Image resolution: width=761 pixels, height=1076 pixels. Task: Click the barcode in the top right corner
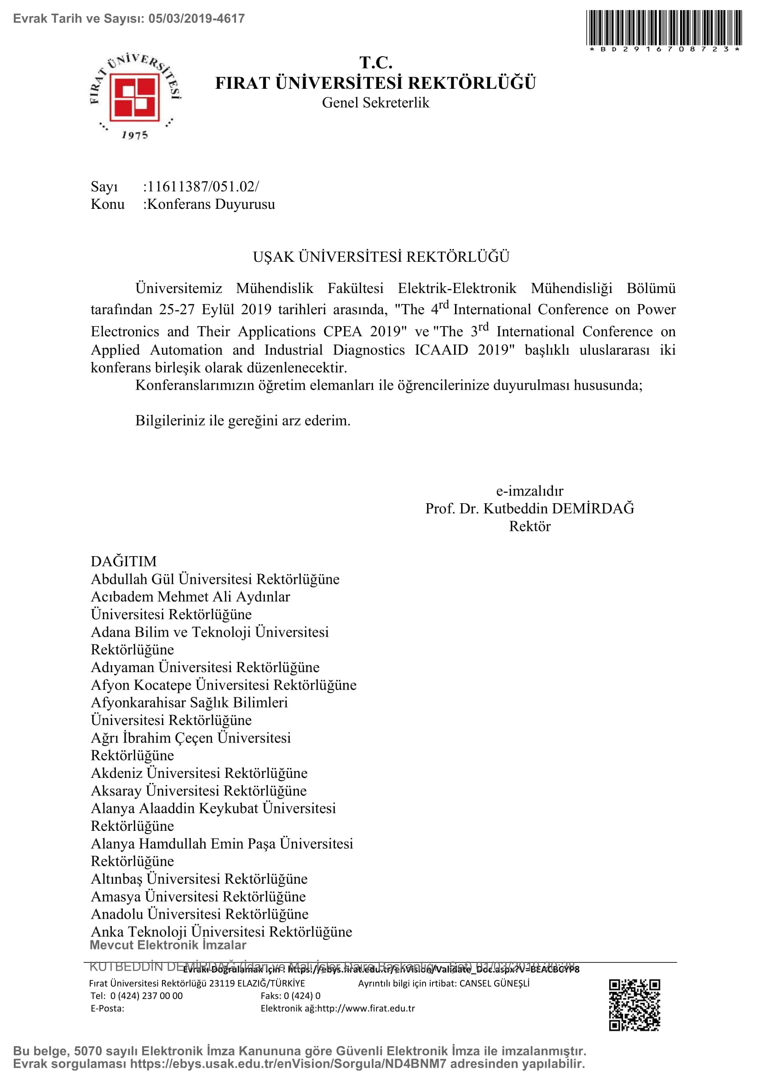click(x=663, y=28)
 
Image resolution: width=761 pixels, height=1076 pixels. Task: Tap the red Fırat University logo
click(x=134, y=96)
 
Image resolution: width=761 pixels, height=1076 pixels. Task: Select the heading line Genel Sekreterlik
click(x=375, y=103)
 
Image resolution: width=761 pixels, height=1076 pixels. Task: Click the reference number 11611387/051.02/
click(x=201, y=186)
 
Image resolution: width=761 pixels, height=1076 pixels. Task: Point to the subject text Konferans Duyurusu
click(x=211, y=204)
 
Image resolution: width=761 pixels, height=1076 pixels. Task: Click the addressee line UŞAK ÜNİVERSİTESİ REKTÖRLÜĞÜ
click(x=380, y=257)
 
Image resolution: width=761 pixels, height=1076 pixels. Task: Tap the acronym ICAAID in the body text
click(x=441, y=350)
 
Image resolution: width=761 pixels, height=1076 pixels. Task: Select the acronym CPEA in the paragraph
click(x=343, y=331)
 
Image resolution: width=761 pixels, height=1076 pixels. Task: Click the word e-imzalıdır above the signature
click(x=530, y=491)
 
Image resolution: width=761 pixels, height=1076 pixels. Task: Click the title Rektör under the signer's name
click(x=530, y=526)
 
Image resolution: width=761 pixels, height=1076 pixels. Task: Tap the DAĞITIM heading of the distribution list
click(x=124, y=561)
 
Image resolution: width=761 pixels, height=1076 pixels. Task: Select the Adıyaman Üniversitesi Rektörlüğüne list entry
click(x=205, y=667)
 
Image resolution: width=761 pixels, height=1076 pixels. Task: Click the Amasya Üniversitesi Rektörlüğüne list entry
click(x=198, y=897)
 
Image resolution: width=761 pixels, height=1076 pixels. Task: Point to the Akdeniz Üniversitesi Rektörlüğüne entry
click(x=199, y=773)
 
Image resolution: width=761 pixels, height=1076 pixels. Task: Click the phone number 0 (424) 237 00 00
click(x=146, y=995)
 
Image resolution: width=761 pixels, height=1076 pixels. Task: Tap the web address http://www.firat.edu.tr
click(x=366, y=1008)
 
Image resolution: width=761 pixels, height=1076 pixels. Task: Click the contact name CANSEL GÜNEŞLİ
click(x=494, y=983)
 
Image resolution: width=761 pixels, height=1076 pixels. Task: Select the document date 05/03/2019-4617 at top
click(x=196, y=19)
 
